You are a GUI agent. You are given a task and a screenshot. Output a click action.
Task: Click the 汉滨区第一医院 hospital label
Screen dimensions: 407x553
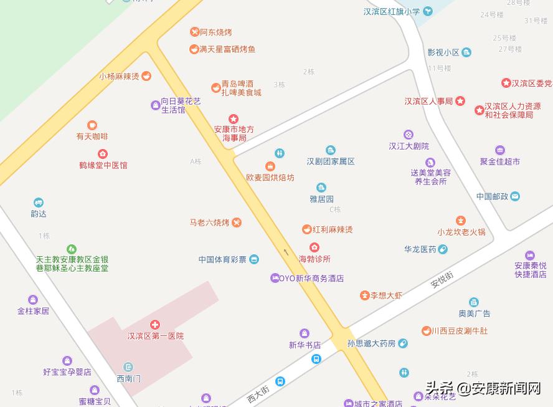tap(156, 336)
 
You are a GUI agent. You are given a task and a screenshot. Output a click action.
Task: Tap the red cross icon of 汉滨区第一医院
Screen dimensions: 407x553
tap(155, 325)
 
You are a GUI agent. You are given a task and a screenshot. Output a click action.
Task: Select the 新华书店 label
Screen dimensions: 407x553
tap(305, 345)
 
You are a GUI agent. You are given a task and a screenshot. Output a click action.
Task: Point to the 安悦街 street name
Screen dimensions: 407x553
tap(442, 280)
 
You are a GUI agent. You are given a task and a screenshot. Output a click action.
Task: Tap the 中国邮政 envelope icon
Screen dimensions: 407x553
tap(515, 196)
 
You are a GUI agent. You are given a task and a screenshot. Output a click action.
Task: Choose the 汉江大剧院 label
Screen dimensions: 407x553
tap(409, 146)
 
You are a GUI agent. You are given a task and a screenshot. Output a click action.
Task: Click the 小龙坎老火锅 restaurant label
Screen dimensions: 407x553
tap(461, 232)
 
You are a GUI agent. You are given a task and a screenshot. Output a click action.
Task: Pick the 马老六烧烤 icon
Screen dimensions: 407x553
tap(237, 223)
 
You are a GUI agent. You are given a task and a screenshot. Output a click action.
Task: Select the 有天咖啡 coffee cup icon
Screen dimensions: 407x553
tap(92, 125)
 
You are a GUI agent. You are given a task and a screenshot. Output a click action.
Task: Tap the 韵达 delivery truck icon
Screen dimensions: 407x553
tap(39, 203)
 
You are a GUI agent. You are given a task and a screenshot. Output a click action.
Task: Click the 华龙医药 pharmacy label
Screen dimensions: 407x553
tap(420, 249)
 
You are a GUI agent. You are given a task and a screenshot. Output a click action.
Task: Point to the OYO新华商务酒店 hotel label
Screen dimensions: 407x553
tap(311, 279)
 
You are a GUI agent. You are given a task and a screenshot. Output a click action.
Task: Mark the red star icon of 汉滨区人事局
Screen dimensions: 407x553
tap(460, 101)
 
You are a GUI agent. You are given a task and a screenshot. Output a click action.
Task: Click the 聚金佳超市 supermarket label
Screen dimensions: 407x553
tap(499, 161)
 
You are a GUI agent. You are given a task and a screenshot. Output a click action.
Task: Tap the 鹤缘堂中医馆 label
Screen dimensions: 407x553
tap(103, 165)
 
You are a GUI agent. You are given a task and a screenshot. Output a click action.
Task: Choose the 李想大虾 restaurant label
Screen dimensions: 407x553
tap(387, 295)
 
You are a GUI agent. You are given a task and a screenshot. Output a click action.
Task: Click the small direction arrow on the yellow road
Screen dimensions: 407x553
tap(286, 252)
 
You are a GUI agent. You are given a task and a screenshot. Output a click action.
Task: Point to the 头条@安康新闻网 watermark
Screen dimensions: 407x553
tap(483, 389)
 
